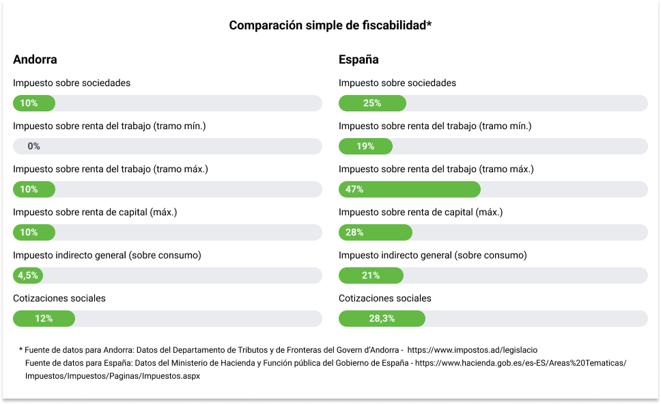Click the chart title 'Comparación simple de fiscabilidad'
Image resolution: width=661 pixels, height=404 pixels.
coord(330,25)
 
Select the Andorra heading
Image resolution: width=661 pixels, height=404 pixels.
coord(35,59)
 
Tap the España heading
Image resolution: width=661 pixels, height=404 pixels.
coord(358,59)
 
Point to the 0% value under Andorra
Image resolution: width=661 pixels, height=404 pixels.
coord(33,146)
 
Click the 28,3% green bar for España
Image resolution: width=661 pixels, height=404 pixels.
coord(382,319)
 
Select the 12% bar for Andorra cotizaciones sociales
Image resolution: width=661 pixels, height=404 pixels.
coord(44,319)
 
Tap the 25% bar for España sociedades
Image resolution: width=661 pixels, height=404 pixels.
coord(372,103)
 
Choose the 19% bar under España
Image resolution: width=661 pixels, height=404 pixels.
coord(365,146)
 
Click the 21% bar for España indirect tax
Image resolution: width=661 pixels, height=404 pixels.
coord(371,275)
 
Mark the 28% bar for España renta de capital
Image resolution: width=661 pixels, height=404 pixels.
coord(375,232)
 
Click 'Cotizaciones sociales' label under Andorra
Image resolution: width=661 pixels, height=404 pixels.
coord(59,298)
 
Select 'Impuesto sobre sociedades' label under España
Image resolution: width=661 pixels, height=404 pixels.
coord(397,83)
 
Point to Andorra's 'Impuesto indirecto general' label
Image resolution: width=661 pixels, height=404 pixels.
coord(107,255)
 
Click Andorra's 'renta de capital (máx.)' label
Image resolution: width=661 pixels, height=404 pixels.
coord(95,212)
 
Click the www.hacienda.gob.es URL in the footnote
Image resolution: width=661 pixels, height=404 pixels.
coord(520,363)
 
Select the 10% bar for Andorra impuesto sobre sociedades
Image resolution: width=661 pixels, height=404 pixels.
coord(33,103)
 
